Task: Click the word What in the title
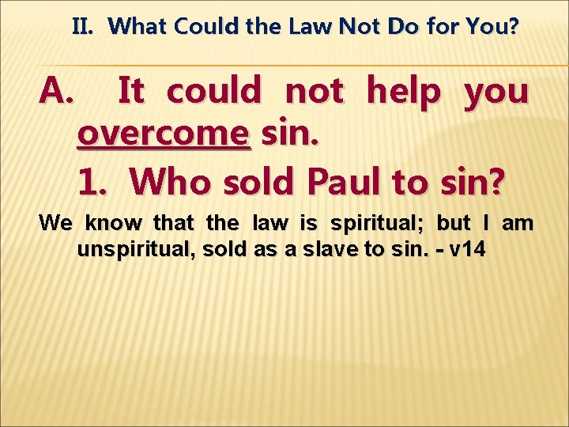pyautogui.click(x=138, y=27)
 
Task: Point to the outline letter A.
pyautogui.click(x=56, y=93)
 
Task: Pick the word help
pyautogui.click(x=404, y=93)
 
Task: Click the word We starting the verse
pyautogui.click(x=55, y=223)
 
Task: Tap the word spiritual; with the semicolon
pyautogui.click(x=370, y=224)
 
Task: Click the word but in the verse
pyautogui.click(x=453, y=223)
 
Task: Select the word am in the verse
pyautogui.click(x=518, y=223)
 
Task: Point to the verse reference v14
pyautogui.click(x=468, y=251)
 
